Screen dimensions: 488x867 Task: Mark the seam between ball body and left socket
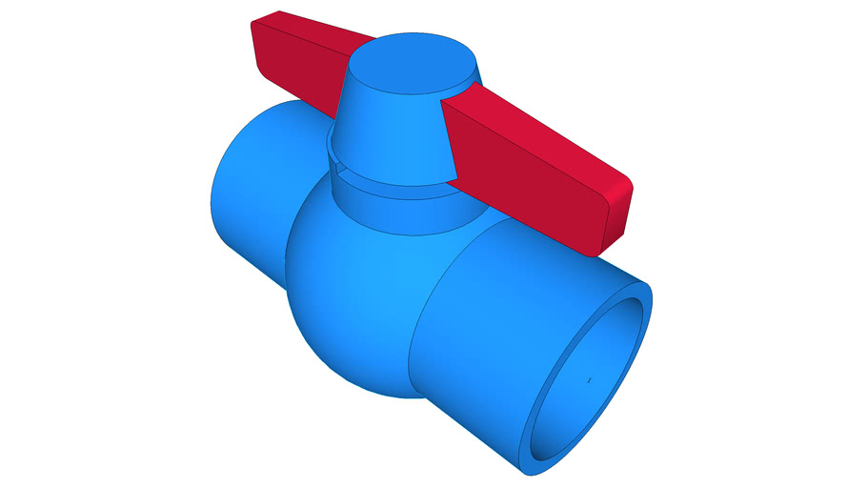pyautogui.click(x=291, y=238)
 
